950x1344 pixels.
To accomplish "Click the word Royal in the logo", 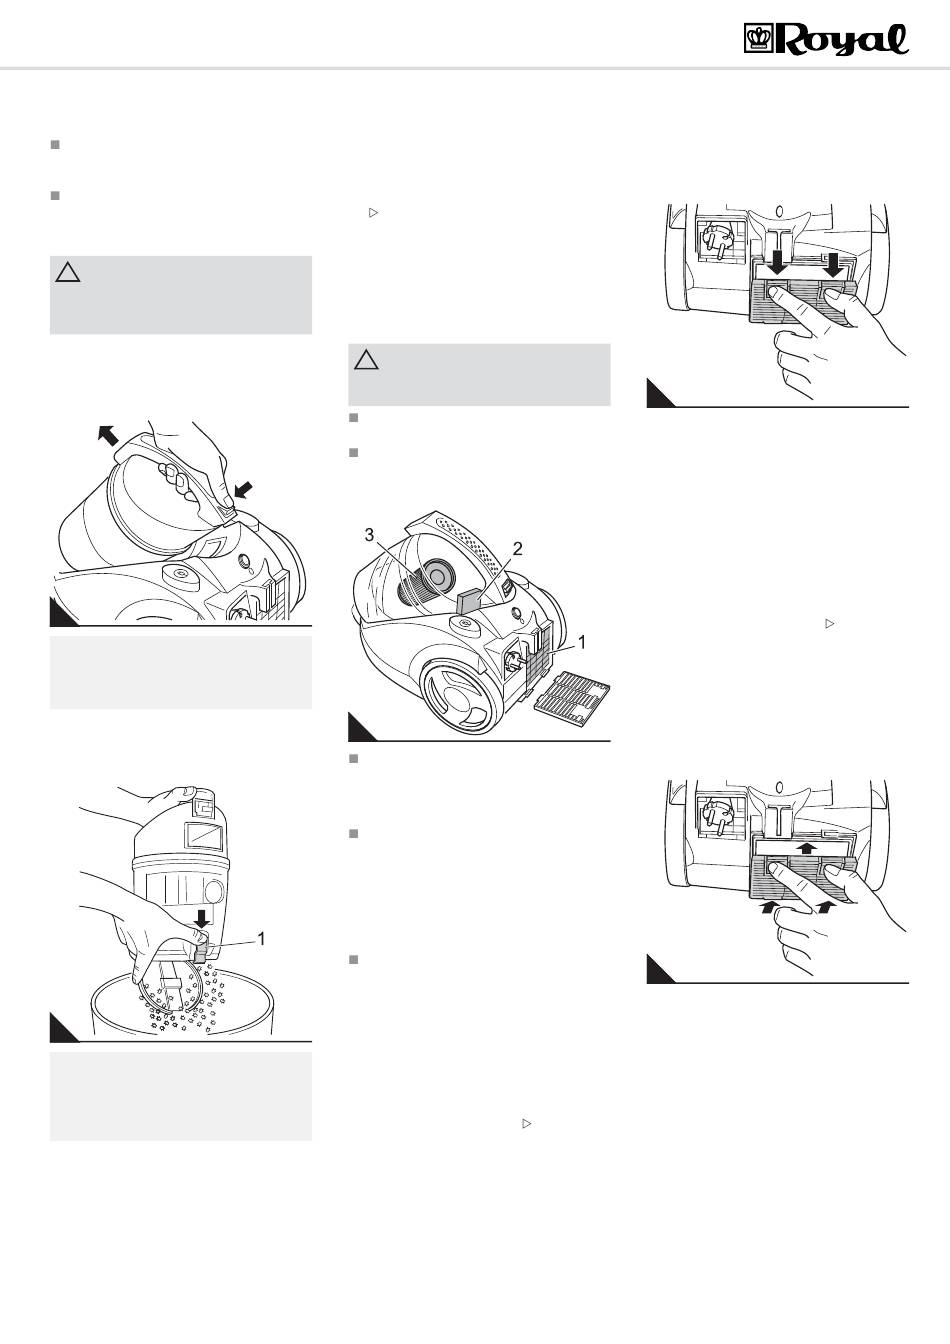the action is pos(841,40).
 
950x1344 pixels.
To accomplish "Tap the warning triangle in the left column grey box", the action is pos(67,273).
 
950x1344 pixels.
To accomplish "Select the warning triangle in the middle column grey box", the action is pos(366,360).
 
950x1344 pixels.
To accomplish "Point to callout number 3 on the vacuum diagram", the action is pos(370,535).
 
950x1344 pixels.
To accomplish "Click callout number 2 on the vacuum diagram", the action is pos(517,548).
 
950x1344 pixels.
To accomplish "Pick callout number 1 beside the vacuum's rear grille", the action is pos(582,643).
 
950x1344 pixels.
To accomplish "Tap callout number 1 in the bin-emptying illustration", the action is pos(261,938).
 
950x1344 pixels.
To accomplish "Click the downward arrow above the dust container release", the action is pos(203,918).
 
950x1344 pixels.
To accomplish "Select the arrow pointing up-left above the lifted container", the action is pos(108,434).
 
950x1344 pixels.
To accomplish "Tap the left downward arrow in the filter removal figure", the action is pos(778,262).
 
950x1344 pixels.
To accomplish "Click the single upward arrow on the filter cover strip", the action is pos(808,847).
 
